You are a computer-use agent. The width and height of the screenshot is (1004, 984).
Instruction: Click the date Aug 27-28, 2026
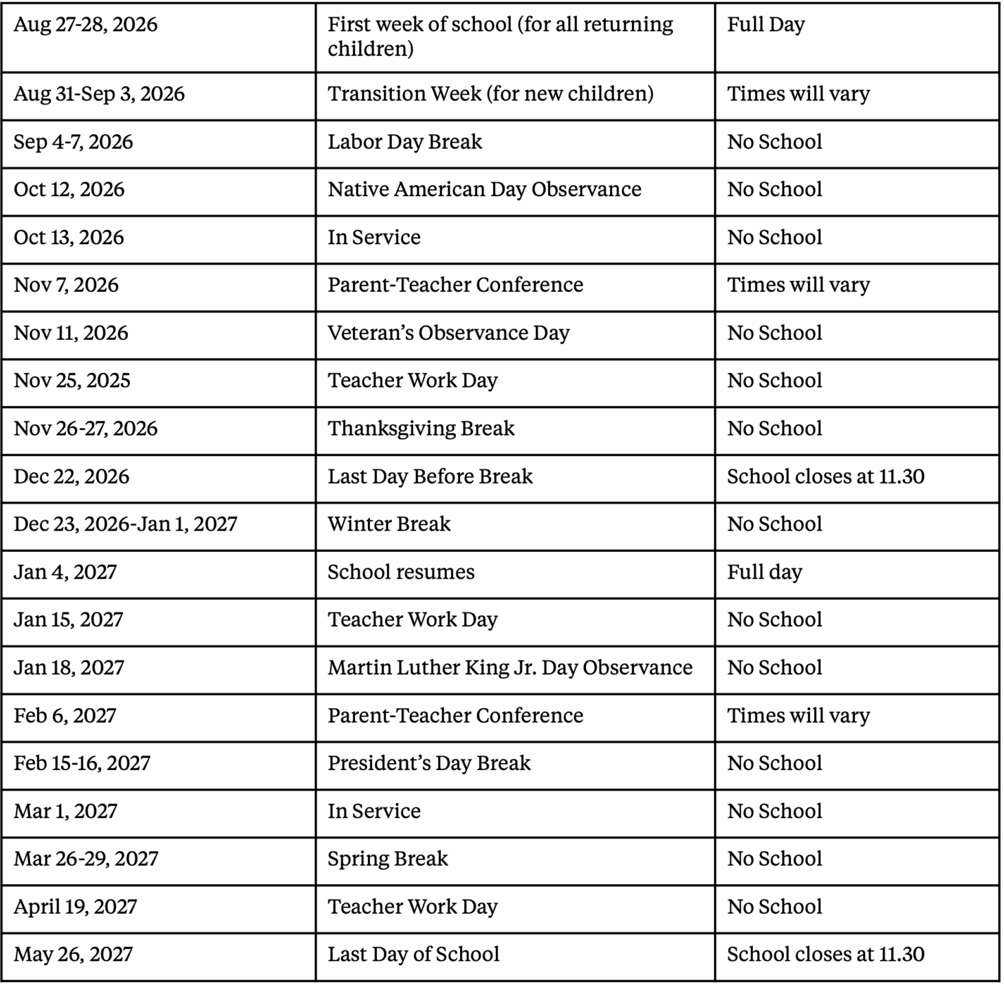pyautogui.click(x=86, y=25)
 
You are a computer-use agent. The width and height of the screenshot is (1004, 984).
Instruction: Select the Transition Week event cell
pyautogui.click(x=490, y=94)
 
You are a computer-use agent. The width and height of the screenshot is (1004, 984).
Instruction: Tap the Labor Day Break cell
pyautogui.click(x=404, y=142)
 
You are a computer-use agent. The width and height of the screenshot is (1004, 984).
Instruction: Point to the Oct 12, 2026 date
pyautogui.click(x=69, y=189)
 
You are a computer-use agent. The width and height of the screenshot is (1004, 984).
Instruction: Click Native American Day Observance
pyautogui.click(x=484, y=189)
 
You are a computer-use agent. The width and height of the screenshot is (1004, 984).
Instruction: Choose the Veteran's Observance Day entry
pyautogui.click(x=448, y=333)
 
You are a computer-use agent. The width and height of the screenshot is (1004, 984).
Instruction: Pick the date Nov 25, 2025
pyautogui.click(x=72, y=381)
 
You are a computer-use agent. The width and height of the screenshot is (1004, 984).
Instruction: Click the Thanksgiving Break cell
pyautogui.click(x=421, y=429)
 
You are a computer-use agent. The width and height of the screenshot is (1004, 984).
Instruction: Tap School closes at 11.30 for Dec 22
pyautogui.click(x=825, y=476)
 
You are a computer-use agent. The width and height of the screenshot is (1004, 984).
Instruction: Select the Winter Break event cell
pyautogui.click(x=389, y=524)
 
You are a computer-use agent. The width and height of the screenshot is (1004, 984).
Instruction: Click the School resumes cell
pyautogui.click(x=401, y=572)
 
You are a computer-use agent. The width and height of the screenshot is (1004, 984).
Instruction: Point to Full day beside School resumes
pyautogui.click(x=765, y=572)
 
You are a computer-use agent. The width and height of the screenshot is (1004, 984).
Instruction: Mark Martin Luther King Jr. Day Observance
pyautogui.click(x=510, y=667)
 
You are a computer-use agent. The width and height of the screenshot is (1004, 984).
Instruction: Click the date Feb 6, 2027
pyautogui.click(x=65, y=716)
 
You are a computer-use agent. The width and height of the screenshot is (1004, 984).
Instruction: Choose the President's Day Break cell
pyautogui.click(x=429, y=763)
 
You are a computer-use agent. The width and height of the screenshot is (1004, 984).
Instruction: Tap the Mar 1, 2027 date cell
pyautogui.click(x=66, y=811)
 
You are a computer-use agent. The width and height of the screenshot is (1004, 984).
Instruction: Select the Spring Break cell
pyautogui.click(x=388, y=859)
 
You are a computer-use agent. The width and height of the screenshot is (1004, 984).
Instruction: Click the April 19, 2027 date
pyautogui.click(x=76, y=907)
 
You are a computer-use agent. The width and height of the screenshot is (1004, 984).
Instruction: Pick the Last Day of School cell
pyautogui.click(x=413, y=954)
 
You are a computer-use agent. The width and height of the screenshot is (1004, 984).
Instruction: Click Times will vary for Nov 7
pyautogui.click(x=798, y=285)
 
